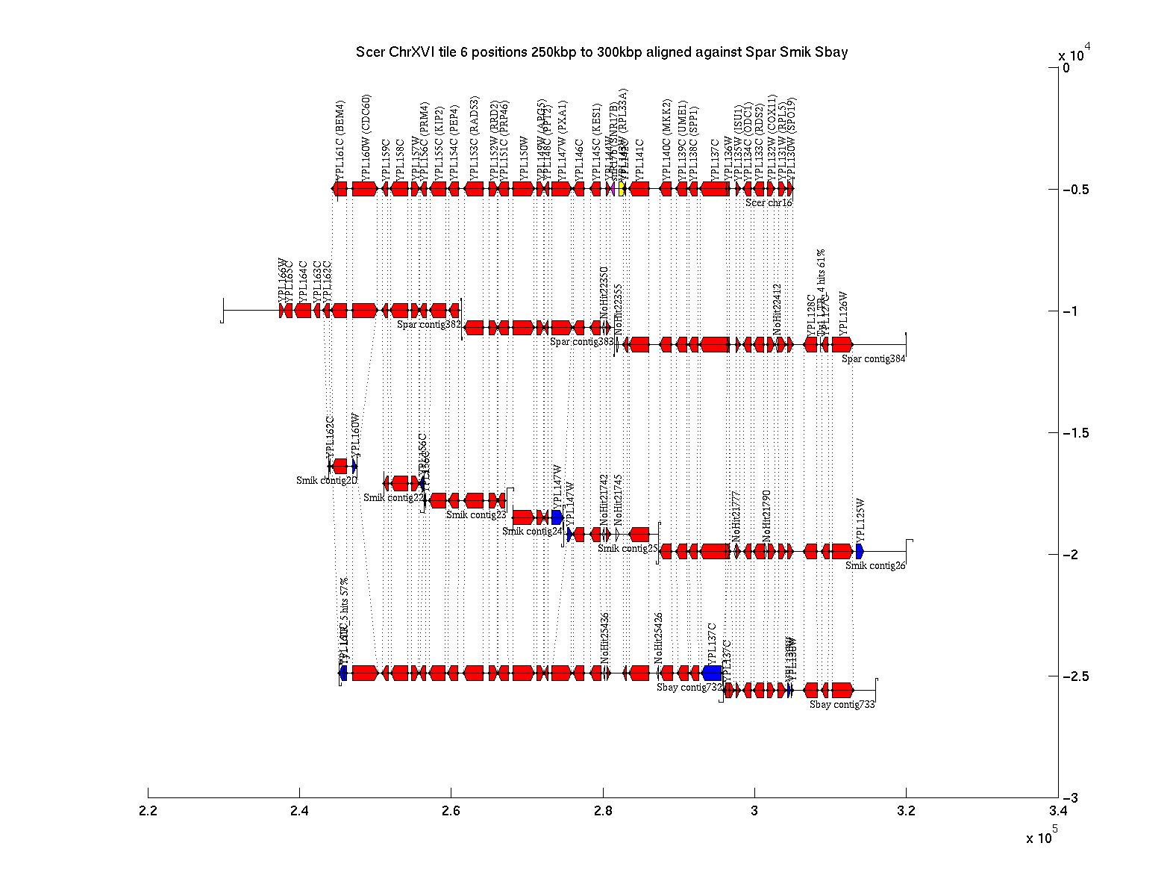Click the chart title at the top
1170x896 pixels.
pyautogui.click(x=601, y=52)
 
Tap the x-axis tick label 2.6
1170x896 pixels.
pyautogui.click(x=451, y=812)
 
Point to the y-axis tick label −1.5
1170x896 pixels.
pyautogui.click(x=1074, y=433)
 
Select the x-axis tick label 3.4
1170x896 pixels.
pyautogui.click(x=1057, y=812)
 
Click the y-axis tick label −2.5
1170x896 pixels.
pyautogui.click(x=1074, y=676)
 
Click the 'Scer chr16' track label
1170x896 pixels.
pyautogui.click(x=769, y=203)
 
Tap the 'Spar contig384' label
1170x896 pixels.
pyautogui.click(x=874, y=359)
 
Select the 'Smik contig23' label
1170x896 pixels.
pyautogui.click(x=476, y=514)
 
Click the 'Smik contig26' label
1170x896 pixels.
pyautogui.click(x=875, y=566)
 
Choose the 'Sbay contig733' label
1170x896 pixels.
pyautogui.click(x=842, y=704)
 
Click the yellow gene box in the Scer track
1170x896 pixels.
pyautogui.click(x=622, y=189)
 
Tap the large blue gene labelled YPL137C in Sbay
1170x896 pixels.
pyautogui.click(x=711, y=673)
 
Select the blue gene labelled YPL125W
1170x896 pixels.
pyautogui.click(x=860, y=551)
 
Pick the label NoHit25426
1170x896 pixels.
pyautogui.click(x=659, y=638)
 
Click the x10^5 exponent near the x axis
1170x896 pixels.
pyautogui.click(x=1042, y=838)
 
